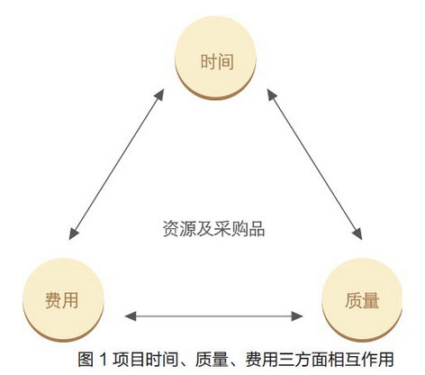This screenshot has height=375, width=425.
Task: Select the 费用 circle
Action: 63,300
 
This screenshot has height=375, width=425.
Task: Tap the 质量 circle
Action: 362,300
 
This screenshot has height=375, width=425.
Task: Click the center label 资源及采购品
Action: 213,229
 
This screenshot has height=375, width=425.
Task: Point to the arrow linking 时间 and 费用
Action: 116,164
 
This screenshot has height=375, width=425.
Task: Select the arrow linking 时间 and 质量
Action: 314,164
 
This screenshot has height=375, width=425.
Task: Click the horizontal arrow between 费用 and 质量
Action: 213,316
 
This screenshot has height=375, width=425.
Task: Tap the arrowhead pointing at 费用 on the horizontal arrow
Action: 130,316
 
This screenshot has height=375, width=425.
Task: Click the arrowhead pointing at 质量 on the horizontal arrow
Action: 297,316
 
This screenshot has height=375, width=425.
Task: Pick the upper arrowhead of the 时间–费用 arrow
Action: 159,95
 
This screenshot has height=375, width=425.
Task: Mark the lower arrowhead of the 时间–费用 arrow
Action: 73,233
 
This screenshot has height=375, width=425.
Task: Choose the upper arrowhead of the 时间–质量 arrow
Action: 272,95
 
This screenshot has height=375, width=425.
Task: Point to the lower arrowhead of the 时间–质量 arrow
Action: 357,233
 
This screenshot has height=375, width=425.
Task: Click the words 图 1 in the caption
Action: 93,360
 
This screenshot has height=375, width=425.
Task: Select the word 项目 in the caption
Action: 129,360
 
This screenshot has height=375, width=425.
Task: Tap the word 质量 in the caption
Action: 212,360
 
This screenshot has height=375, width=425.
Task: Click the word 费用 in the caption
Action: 262,360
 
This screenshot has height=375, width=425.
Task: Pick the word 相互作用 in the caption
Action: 360,360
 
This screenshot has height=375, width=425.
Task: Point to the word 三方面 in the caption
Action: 303,360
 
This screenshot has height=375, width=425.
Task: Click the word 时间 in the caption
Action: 162,360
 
